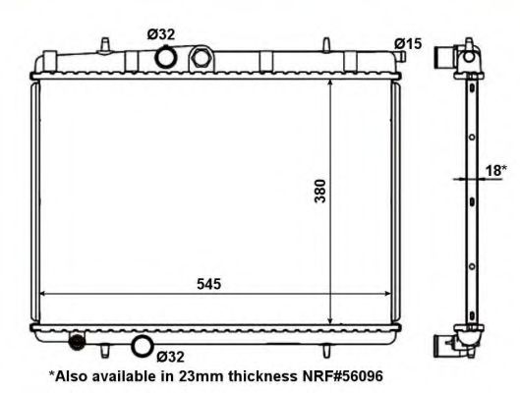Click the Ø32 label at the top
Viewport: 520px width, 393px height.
[163, 34]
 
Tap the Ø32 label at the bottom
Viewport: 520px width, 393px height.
[171, 356]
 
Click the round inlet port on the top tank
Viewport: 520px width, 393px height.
[166, 59]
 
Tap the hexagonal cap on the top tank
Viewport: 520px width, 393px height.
[202, 59]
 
